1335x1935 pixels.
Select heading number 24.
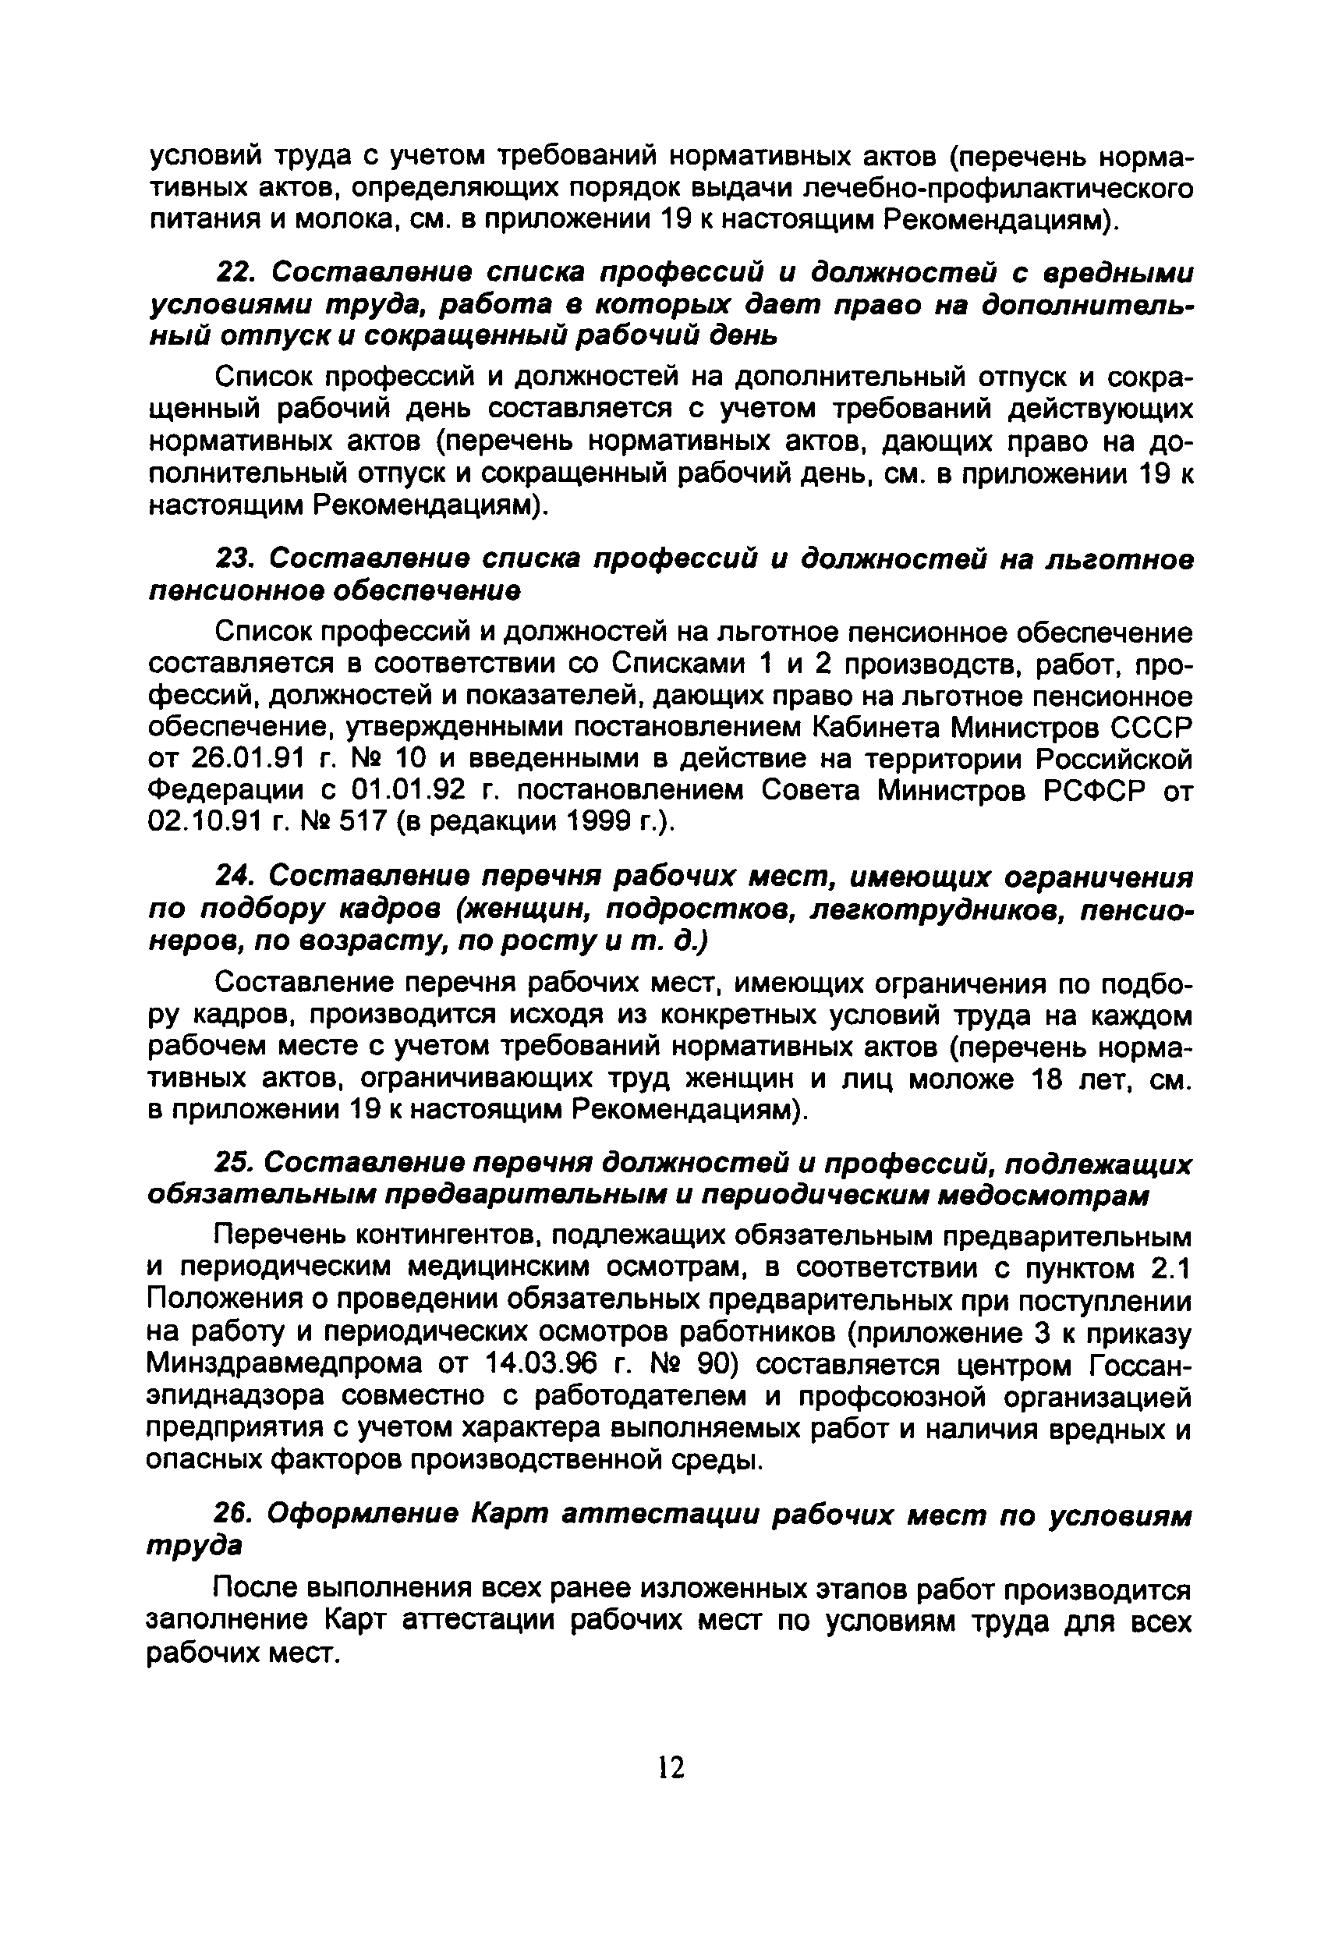230,877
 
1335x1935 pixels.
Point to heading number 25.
230,1164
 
